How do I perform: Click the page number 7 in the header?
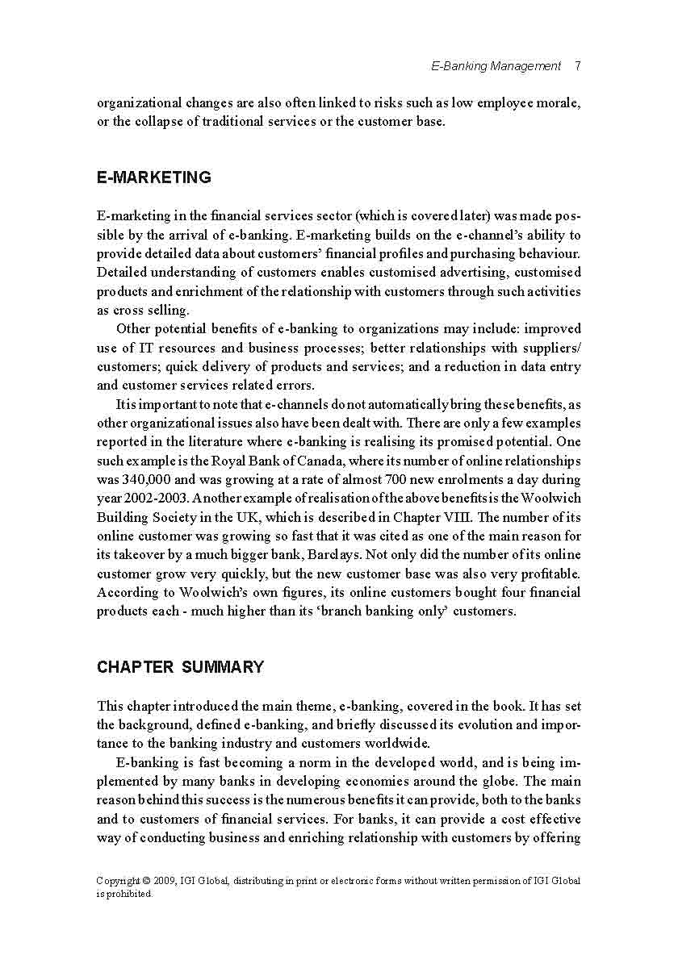[x=578, y=66]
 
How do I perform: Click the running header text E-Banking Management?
[x=496, y=66]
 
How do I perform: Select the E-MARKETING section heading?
[x=153, y=178]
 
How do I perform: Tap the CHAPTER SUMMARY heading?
[x=180, y=667]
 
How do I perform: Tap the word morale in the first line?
[x=559, y=103]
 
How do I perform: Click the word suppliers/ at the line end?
[x=553, y=348]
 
